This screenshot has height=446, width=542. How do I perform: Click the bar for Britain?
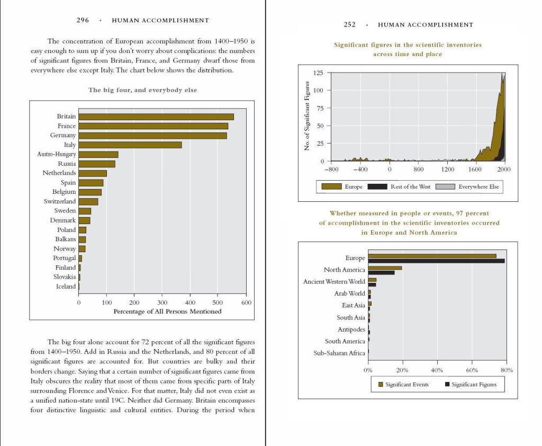click(156, 117)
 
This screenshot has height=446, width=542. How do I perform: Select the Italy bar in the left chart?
click(130, 145)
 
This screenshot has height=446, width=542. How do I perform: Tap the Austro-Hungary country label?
click(57, 154)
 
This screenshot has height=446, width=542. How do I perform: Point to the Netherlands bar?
click(93, 173)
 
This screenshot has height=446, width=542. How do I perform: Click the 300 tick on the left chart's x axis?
click(162, 302)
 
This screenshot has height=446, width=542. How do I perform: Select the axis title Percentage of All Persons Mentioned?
click(167, 311)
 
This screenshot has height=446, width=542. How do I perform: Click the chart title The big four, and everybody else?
click(142, 90)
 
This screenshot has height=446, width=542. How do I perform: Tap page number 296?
click(83, 21)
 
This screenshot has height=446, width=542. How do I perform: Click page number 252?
click(349, 25)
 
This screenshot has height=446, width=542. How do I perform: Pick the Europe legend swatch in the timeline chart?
click(331, 186)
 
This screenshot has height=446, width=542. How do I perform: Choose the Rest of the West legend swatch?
click(377, 186)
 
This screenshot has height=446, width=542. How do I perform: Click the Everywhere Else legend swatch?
click(445, 186)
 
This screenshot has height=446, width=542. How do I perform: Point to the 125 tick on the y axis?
click(318, 73)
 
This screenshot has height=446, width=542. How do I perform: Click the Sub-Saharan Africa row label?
click(339, 353)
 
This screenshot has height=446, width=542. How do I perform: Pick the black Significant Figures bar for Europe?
click(436, 261)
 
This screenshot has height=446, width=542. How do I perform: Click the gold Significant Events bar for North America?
click(385, 268)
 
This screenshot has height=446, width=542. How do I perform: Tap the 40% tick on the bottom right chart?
click(437, 370)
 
